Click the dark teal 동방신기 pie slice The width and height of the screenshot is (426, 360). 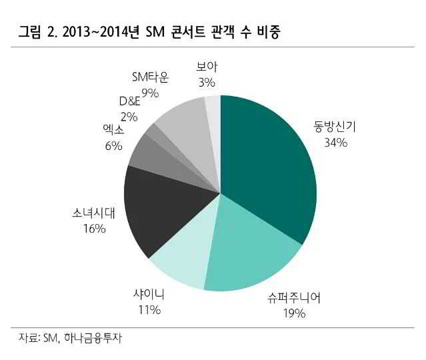(267, 160)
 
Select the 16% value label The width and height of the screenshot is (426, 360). (94, 229)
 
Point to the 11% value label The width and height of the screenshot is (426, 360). (149, 309)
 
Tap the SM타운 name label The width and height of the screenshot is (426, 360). (150, 77)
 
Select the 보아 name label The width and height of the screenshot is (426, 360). (207, 67)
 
